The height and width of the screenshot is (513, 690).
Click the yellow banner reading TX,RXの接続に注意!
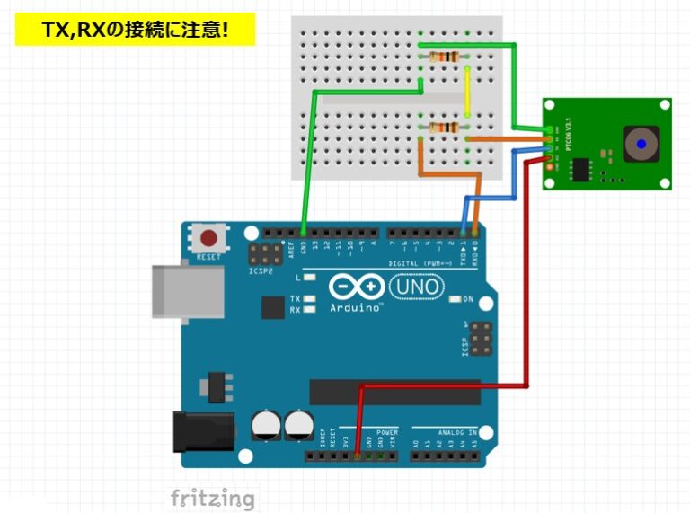(x=136, y=30)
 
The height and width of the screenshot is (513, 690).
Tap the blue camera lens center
(x=641, y=143)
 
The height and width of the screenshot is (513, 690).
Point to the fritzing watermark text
(x=213, y=498)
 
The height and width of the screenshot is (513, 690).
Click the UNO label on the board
(x=417, y=287)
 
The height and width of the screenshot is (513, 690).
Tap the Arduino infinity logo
(x=358, y=287)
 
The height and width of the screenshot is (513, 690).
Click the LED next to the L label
(x=310, y=279)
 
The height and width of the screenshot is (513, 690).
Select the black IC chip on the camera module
(x=582, y=168)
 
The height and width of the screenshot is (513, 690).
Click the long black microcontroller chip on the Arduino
(x=395, y=392)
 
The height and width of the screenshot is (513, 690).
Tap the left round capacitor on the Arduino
(x=267, y=426)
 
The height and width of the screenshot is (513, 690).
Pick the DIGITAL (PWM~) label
(x=420, y=262)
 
